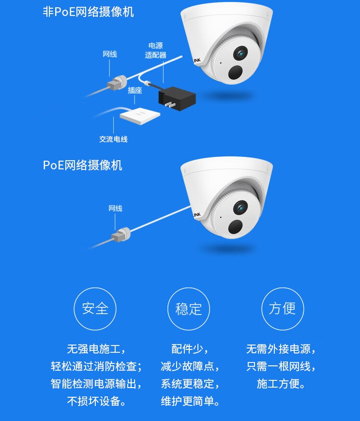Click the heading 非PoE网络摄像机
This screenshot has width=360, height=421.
88,12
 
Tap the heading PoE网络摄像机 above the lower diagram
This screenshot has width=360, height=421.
82,165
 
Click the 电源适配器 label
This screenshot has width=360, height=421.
156,50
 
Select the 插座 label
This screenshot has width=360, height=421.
135,90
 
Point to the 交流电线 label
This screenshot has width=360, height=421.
113,139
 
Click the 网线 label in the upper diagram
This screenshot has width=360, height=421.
110,54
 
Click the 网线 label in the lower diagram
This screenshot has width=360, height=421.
116,209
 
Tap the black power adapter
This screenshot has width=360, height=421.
178,98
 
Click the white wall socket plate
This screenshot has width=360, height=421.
140,116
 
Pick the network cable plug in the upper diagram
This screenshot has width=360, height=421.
117,82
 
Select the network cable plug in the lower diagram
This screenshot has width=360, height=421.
121,235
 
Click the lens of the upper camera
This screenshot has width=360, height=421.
240,53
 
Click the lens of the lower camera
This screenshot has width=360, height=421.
240,208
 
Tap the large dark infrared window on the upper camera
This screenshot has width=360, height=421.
236,72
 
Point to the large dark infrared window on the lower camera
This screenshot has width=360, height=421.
236,226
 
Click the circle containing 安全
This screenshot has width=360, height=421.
95,309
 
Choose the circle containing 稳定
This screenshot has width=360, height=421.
188,309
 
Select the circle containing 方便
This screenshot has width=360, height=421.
283,309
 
